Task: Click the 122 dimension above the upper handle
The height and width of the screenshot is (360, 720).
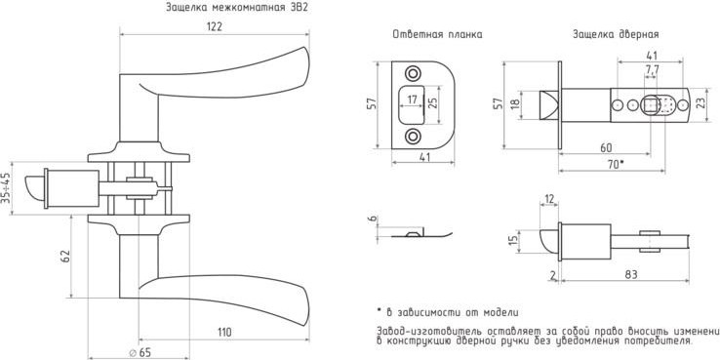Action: point(214,26)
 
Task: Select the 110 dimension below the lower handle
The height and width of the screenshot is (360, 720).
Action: point(223,332)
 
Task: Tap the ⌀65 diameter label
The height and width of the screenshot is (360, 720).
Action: point(140,352)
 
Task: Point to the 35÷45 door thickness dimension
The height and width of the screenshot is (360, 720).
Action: point(6,188)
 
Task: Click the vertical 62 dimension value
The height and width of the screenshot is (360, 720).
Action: point(65,257)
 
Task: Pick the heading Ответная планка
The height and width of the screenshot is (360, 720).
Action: point(437,35)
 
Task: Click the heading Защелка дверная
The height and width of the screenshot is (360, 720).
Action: point(616,35)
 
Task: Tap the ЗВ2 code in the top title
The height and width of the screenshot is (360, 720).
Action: point(299,8)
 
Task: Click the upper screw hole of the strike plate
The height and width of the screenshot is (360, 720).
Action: point(413,74)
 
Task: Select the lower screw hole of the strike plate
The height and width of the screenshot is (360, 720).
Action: point(413,137)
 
